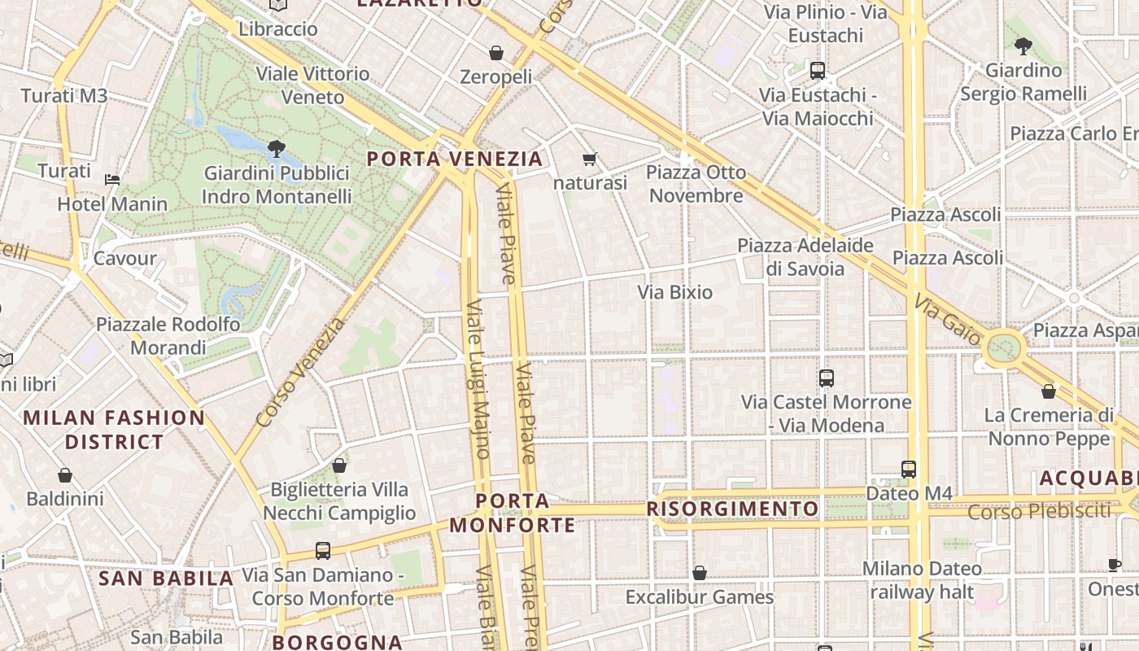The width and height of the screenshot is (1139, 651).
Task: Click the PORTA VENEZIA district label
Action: click(x=454, y=159)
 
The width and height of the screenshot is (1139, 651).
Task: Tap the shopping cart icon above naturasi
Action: click(x=590, y=159)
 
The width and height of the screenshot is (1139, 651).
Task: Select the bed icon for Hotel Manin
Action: click(x=112, y=180)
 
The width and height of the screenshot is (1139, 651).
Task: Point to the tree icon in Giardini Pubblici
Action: click(x=277, y=148)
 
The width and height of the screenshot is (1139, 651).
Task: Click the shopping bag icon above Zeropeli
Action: click(x=496, y=54)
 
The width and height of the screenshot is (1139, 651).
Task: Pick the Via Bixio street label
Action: click(x=674, y=292)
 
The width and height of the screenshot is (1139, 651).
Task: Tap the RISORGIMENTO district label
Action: click(x=732, y=509)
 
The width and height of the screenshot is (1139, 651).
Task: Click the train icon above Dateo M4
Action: click(x=909, y=470)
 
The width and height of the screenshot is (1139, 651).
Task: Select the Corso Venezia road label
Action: click(x=299, y=373)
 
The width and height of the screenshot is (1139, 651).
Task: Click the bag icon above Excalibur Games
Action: click(x=699, y=574)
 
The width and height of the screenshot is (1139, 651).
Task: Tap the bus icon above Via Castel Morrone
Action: click(x=827, y=378)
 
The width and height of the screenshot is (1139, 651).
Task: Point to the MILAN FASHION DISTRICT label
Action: click(x=114, y=430)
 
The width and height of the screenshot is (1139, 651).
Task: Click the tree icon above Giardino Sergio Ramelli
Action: click(x=1023, y=46)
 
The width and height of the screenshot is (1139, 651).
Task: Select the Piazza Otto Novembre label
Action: click(x=696, y=184)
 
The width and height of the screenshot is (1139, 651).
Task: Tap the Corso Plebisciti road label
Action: click(x=1039, y=512)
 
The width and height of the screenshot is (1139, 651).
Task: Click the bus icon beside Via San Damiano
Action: click(x=323, y=551)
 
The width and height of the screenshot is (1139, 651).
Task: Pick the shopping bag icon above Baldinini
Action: click(x=65, y=475)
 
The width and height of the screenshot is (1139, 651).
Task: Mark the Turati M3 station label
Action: click(x=64, y=96)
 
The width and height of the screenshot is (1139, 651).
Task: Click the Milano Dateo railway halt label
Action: click(x=922, y=580)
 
